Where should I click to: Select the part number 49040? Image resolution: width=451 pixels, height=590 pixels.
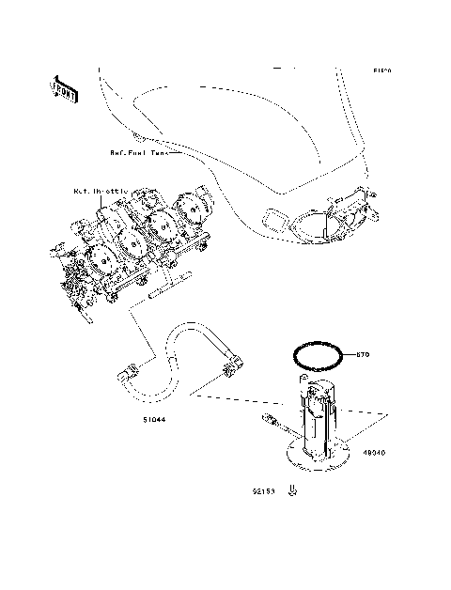click(374, 452)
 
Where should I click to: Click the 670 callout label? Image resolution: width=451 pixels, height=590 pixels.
click(364, 354)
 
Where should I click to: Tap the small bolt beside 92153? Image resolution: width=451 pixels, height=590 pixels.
click(294, 489)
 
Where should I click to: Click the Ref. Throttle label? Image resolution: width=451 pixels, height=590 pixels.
click(100, 191)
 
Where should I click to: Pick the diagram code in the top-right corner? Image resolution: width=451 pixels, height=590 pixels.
click(381, 70)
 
